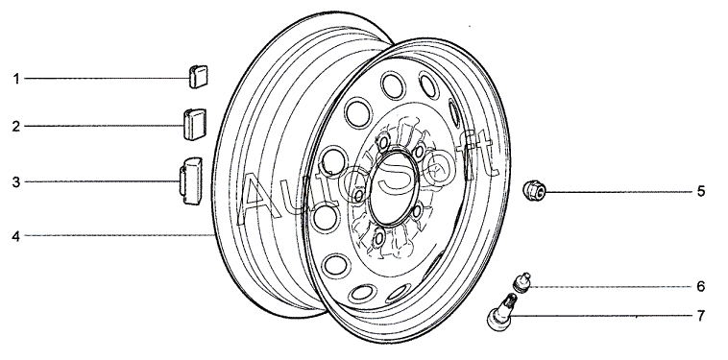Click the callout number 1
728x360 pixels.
point(16,79)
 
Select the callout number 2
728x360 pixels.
point(16,126)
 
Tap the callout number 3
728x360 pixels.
point(16,181)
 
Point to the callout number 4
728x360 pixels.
point(16,236)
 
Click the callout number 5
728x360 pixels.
point(701,191)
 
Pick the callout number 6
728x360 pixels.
point(701,286)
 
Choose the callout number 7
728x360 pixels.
point(701,316)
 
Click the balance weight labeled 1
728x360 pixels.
point(198,77)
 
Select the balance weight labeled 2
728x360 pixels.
point(195,125)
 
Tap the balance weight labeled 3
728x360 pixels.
point(191,180)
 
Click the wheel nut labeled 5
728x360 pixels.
point(534,190)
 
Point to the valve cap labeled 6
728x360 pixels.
point(522,282)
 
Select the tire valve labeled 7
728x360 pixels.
point(500,312)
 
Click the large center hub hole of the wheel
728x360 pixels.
point(394,189)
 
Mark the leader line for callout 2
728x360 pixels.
point(105,126)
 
